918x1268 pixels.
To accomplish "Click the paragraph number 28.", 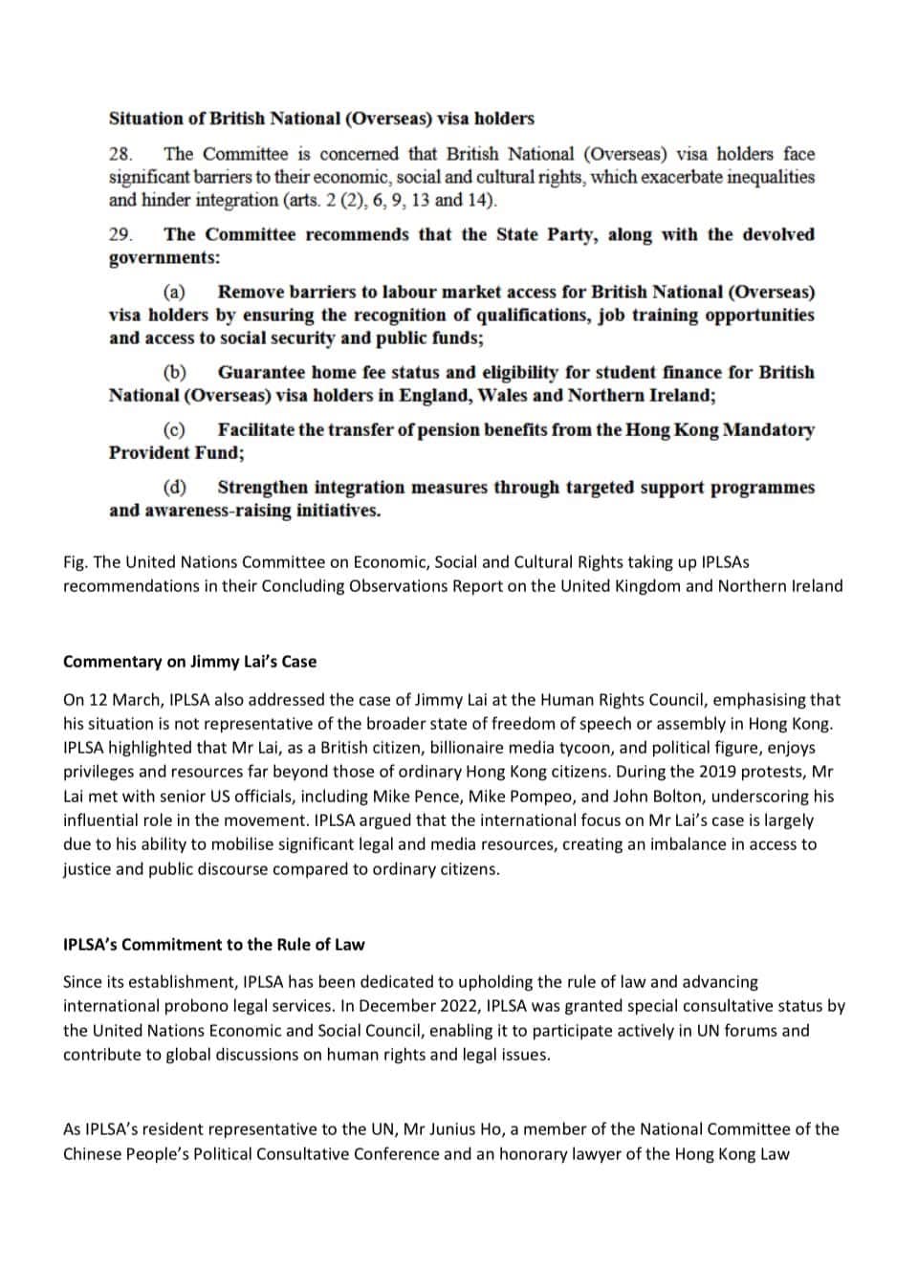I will click(x=120, y=154).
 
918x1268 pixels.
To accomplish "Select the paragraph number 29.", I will click(x=120, y=234).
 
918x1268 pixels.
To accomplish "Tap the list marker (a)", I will click(x=174, y=292).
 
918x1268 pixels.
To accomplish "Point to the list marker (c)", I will click(x=174, y=429).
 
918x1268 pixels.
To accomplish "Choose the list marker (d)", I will click(x=174, y=487).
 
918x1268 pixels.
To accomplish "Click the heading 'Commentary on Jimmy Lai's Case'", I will click(x=189, y=662).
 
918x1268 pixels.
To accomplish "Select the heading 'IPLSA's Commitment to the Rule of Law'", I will click(x=213, y=945).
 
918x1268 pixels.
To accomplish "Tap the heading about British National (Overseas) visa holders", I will click(x=321, y=119).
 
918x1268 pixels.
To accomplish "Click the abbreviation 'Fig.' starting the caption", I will click(x=76, y=562).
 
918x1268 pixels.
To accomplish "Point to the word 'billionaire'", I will click(x=469, y=748).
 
